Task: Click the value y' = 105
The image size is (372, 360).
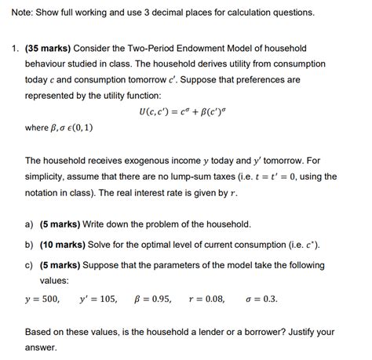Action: [98, 299]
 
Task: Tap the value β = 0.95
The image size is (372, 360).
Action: [153, 299]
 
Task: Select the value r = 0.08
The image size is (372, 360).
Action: [206, 299]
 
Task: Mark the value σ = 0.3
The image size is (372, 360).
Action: [262, 299]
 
